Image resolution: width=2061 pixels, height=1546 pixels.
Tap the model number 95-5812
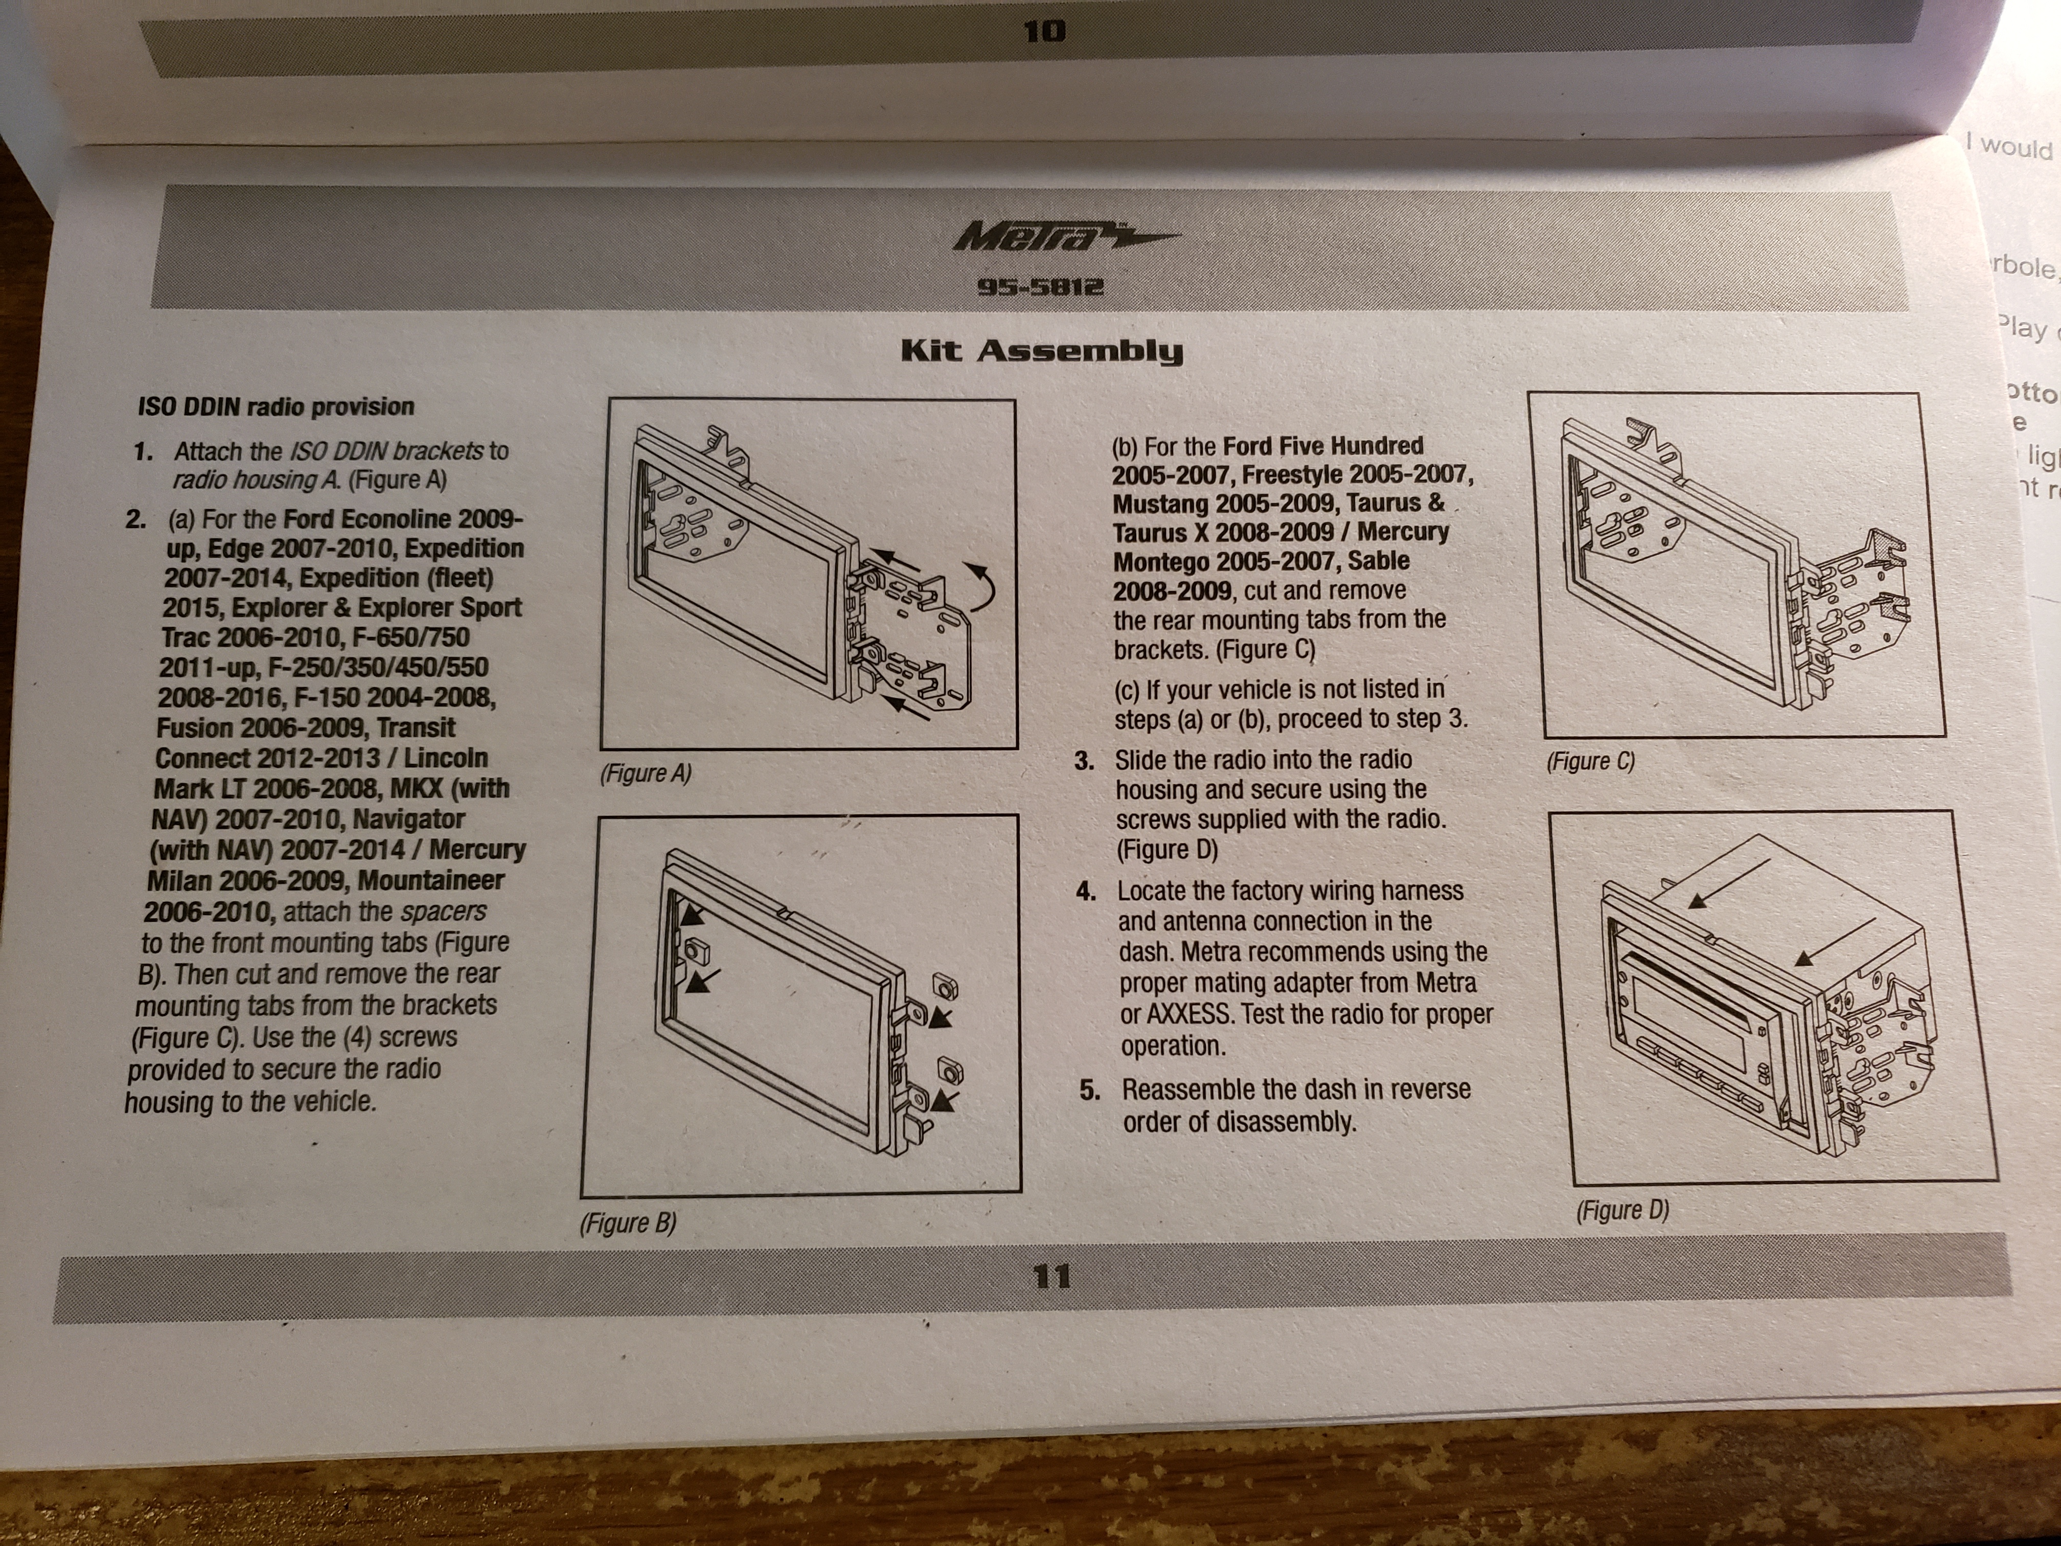click(1040, 286)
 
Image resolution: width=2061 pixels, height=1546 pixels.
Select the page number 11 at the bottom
click(1052, 1276)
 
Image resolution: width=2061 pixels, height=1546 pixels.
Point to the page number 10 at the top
click(1044, 32)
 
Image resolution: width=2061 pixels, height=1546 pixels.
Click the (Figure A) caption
click(646, 774)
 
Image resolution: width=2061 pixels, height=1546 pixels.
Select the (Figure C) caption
click(1590, 761)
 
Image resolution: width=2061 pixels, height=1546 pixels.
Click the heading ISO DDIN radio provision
click(276, 406)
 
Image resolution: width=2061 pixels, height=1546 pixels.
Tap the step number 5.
click(1089, 1090)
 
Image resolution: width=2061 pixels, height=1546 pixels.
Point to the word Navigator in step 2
click(409, 819)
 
